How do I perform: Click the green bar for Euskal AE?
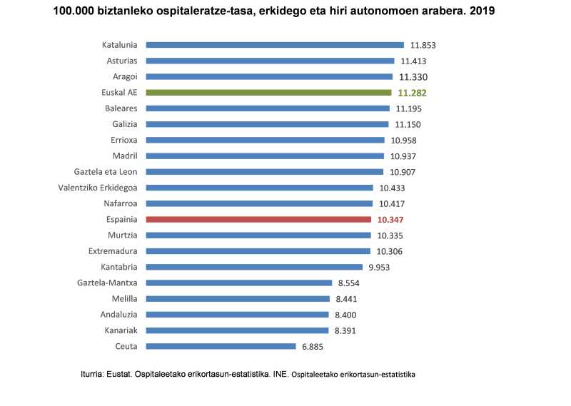(x=268, y=93)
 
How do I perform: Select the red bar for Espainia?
(x=258, y=220)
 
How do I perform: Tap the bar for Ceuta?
(x=221, y=346)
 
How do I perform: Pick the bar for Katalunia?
(x=275, y=45)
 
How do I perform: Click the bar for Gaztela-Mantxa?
(x=238, y=283)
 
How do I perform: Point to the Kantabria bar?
(x=254, y=267)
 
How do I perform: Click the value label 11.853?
(x=422, y=45)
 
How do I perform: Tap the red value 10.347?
(x=390, y=220)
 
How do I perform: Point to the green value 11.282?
(x=412, y=93)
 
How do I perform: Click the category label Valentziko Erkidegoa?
(x=98, y=188)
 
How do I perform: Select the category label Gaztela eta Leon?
(x=106, y=172)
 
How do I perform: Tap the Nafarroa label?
(x=120, y=203)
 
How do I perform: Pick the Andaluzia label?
(x=118, y=315)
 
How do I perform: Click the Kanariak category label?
(x=120, y=330)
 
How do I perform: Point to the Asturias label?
(x=121, y=61)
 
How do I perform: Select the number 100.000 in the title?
(x=74, y=11)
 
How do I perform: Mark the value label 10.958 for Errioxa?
(x=403, y=141)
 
